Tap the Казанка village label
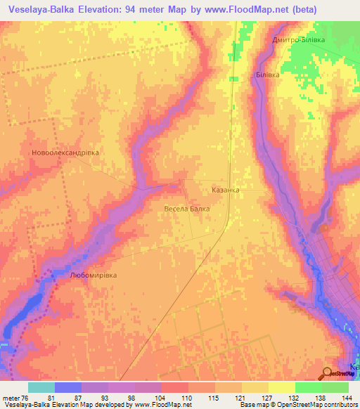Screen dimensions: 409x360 click(x=225, y=190)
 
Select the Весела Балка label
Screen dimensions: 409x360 click(x=186, y=209)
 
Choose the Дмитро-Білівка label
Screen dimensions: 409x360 click(x=298, y=40)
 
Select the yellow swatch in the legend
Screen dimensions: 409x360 click(x=282, y=387)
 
